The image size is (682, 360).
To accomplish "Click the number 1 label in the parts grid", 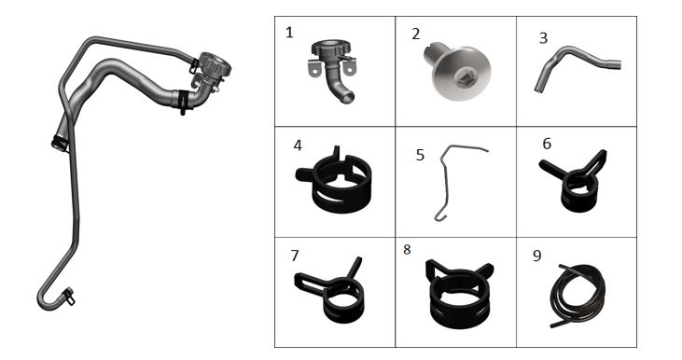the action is point(289,33).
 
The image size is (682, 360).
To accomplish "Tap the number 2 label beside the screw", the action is point(416,34).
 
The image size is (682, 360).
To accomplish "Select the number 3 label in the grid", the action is point(543,38).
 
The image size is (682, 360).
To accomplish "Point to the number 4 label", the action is point(298,145).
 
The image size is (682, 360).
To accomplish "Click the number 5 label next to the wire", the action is point(420,155).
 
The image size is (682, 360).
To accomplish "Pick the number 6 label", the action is point(547,144).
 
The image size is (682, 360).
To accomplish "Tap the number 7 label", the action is point(295,256).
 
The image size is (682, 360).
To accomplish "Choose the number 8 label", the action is point(407,250).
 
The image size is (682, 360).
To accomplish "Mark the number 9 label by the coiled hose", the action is point(537,256).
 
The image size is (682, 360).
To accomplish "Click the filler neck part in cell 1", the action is point(333,65).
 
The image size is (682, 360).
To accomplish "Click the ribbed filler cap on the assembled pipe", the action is point(215,64).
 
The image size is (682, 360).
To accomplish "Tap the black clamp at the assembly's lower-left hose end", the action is point(60,143).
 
